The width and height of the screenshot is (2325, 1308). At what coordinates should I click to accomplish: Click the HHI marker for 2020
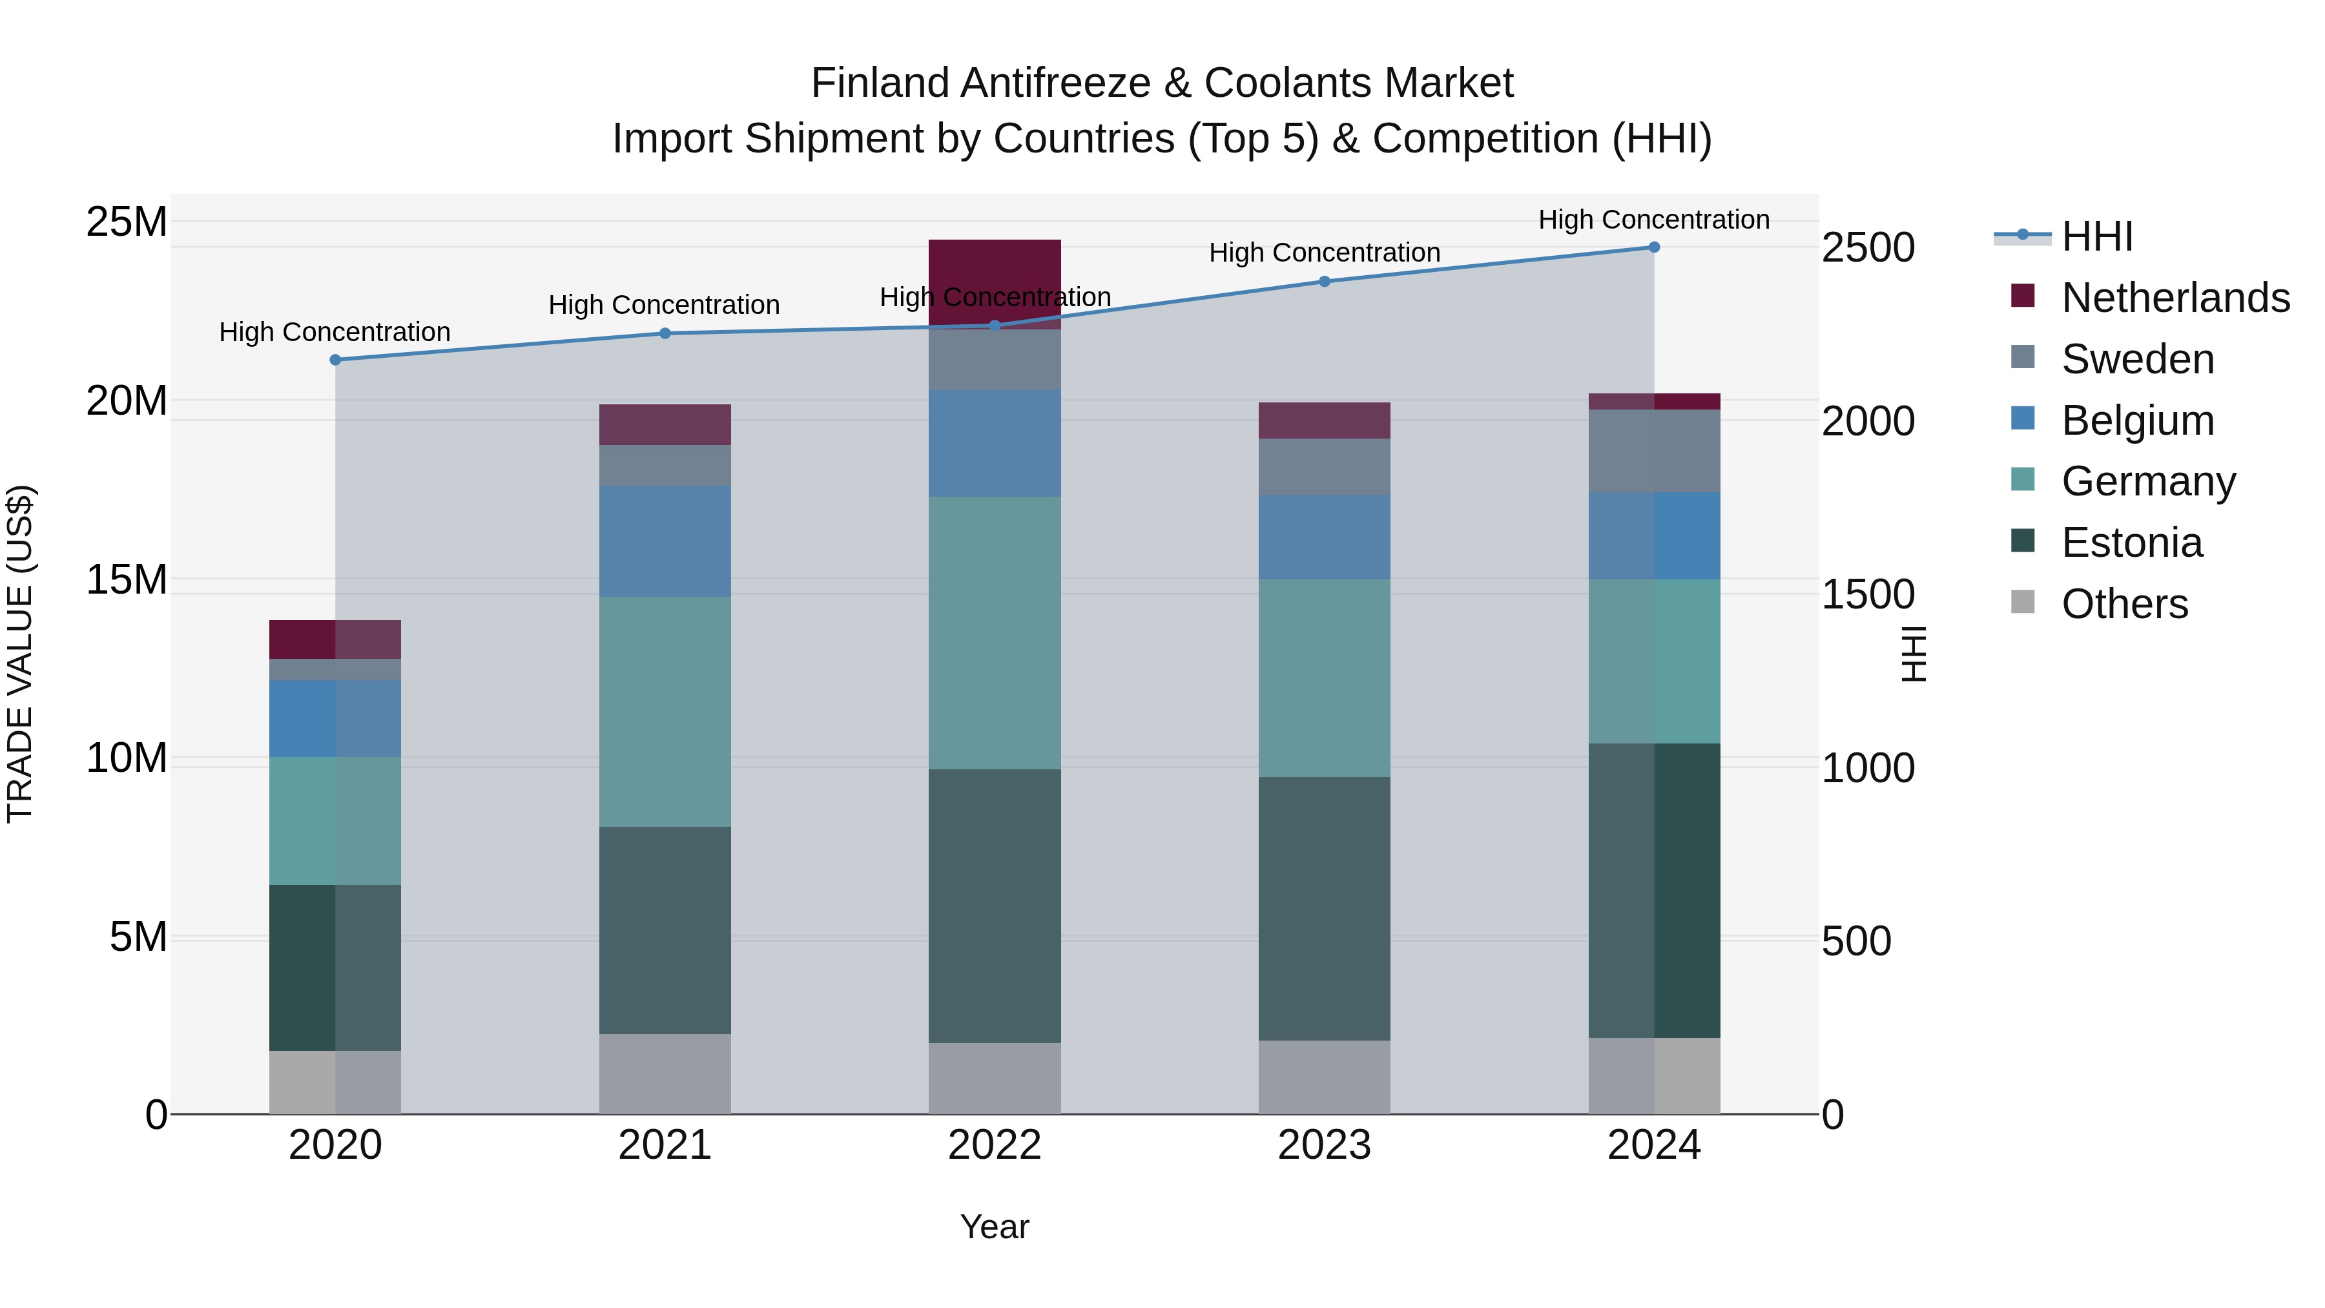(335, 359)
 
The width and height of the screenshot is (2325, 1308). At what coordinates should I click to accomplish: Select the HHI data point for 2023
(1324, 281)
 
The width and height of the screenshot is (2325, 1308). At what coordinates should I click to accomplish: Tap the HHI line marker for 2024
(1653, 247)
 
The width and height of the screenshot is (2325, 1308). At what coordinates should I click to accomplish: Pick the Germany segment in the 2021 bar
(665, 711)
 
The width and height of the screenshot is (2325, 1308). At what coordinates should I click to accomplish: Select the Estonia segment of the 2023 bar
(1324, 908)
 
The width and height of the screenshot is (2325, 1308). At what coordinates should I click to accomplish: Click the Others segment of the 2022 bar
(994, 1078)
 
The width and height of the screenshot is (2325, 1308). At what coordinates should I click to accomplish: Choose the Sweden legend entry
(2137, 359)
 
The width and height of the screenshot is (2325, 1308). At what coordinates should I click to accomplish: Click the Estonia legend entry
(2131, 543)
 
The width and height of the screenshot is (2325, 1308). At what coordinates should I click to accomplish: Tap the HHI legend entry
(2096, 236)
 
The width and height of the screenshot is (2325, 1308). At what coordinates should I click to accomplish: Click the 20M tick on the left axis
(127, 400)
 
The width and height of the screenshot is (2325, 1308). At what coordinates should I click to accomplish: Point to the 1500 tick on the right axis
(1867, 594)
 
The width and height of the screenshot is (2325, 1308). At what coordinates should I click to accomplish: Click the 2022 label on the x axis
(994, 1145)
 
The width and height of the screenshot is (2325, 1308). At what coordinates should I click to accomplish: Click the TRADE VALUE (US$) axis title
(20, 654)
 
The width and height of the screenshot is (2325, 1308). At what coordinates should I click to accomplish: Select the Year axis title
(994, 1227)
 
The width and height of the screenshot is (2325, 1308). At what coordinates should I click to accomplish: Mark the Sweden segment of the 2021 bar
(665, 465)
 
